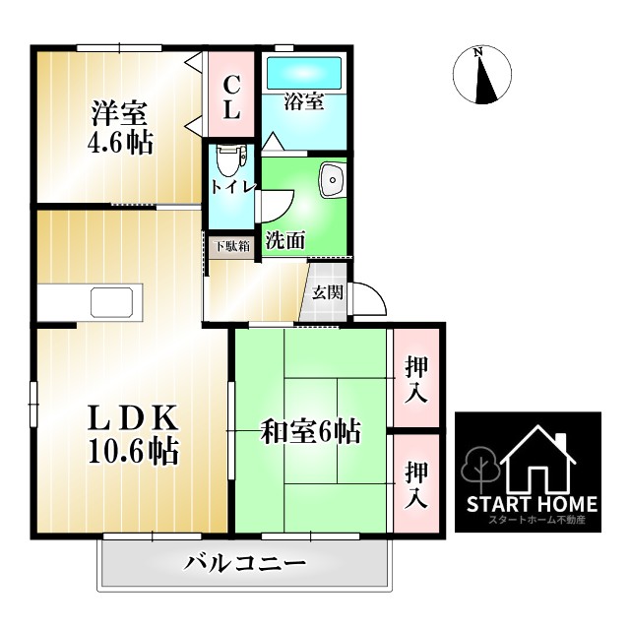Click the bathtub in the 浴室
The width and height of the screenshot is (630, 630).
click(x=303, y=72)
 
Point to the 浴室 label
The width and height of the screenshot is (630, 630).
click(x=303, y=101)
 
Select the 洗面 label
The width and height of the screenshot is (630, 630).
click(x=285, y=239)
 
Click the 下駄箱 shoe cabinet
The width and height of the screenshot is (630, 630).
click(x=232, y=245)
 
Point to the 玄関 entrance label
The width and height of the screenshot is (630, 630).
click(x=328, y=291)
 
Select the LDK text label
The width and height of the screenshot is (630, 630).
click(x=122, y=417)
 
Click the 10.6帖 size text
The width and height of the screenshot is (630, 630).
click(x=122, y=452)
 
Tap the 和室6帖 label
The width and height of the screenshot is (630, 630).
click(x=310, y=430)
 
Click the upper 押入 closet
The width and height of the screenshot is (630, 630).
click(x=415, y=379)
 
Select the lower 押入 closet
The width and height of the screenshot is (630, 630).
click(x=415, y=485)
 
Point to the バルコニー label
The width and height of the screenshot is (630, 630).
click(x=245, y=564)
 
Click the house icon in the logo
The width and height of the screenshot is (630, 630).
click(x=537, y=460)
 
